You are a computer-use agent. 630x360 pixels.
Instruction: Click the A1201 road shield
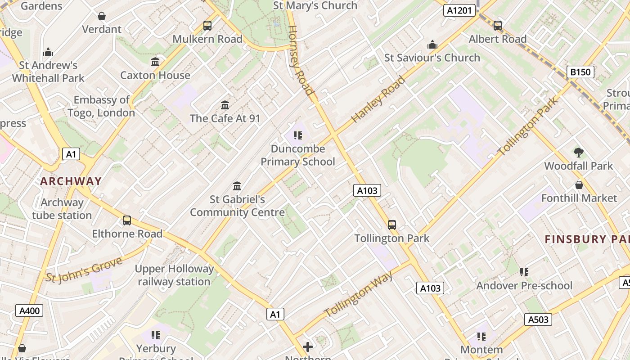[x=459, y=10]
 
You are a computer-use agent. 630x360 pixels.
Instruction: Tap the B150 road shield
[x=580, y=72]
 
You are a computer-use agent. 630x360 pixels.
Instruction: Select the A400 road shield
[x=30, y=310]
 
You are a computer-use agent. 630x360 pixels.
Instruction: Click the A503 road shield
[x=538, y=319]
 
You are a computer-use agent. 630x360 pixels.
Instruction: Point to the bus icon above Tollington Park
[x=392, y=225]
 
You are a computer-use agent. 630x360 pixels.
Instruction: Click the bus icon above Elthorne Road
[x=127, y=220]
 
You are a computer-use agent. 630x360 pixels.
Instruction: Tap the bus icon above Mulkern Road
[x=207, y=26]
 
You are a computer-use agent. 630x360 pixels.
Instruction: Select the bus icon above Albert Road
[x=497, y=26]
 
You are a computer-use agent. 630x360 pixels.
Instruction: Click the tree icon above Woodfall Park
[x=579, y=153]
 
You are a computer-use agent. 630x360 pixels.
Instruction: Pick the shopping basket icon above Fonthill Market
[x=579, y=185]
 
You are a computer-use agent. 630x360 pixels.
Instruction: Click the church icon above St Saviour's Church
[x=432, y=44]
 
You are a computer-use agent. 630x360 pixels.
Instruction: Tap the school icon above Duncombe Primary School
[x=297, y=135]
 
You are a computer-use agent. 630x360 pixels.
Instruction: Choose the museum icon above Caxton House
[x=155, y=62]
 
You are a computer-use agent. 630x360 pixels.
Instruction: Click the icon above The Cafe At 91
[x=225, y=105]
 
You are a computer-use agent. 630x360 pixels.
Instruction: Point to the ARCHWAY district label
[x=71, y=181]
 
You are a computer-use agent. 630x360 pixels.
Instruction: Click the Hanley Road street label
[x=378, y=99]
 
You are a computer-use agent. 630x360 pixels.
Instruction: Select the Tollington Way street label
[x=359, y=294]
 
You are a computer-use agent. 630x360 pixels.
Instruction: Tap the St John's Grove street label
[x=84, y=270]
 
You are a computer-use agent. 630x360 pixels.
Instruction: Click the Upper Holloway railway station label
[x=175, y=275]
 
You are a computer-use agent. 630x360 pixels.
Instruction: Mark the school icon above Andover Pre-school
[x=524, y=272]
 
